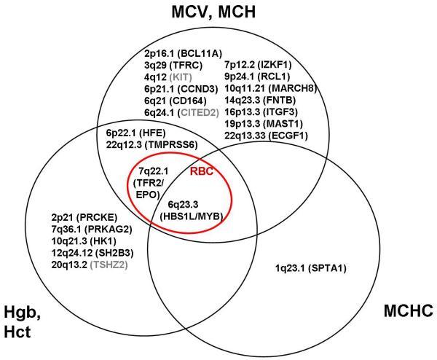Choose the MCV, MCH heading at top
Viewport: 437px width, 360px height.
click(x=218, y=12)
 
